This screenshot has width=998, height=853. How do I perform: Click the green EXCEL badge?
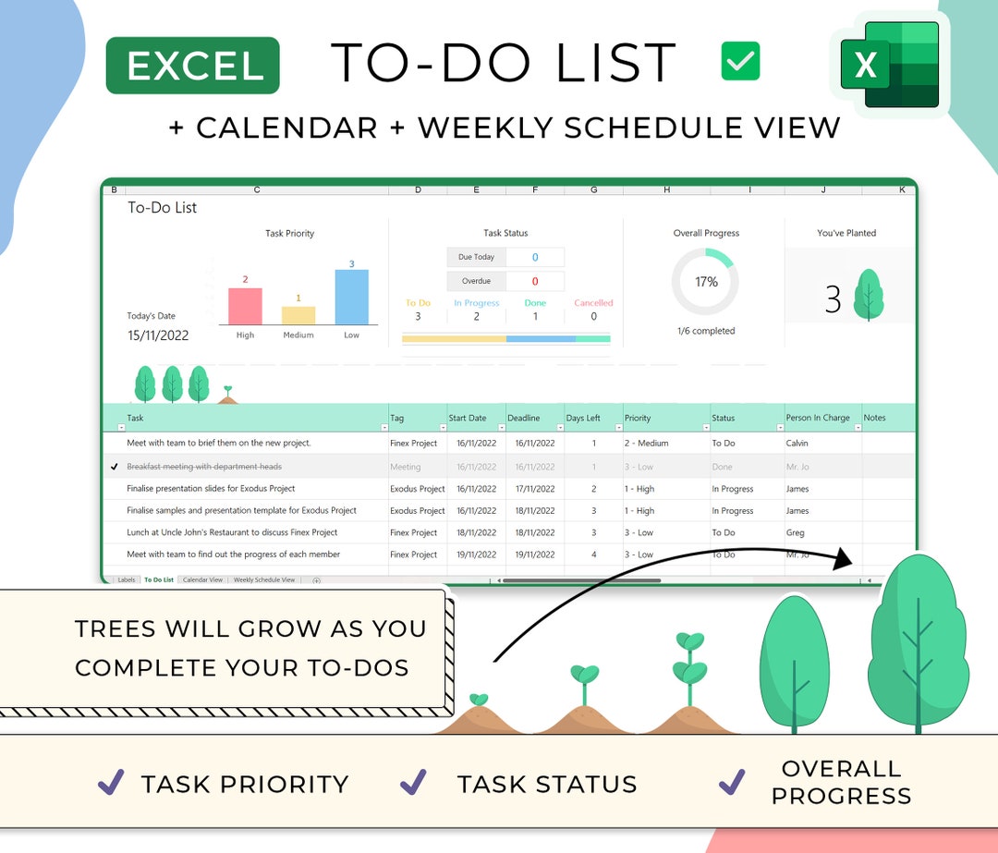(193, 66)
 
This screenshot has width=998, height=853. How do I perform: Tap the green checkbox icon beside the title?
(740, 62)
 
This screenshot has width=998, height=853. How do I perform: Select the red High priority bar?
(245, 306)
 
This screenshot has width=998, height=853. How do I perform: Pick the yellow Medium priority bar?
(298, 315)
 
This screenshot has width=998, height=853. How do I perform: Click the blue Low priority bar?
(352, 297)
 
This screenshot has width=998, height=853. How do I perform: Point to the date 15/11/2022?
(158, 335)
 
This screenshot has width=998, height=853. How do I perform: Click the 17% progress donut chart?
(706, 282)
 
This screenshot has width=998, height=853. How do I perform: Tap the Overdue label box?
(476, 281)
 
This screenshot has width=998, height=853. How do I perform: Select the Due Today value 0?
(535, 257)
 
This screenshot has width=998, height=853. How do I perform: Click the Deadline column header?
(524, 418)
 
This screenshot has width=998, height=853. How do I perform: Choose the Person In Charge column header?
(818, 418)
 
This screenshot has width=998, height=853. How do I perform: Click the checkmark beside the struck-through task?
(114, 467)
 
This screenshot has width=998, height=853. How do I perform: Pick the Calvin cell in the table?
(797, 444)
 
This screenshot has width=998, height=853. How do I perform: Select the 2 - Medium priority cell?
(647, 444)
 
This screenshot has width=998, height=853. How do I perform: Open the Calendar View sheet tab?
(202, 580)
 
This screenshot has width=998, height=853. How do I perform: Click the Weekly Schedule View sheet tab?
(264, 580)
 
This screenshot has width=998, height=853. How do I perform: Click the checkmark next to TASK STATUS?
(413, 783)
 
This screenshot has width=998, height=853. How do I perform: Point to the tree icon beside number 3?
(868, 296)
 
